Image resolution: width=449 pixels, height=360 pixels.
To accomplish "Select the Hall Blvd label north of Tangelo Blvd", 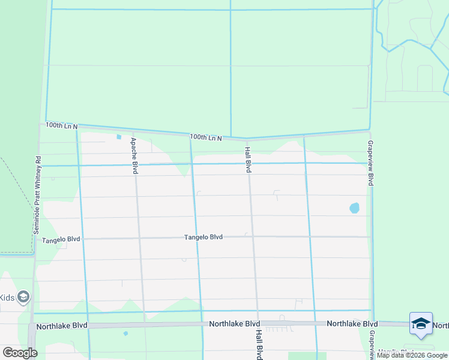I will coord(247,159).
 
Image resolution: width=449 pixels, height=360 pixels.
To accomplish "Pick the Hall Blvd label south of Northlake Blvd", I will coord(259,344).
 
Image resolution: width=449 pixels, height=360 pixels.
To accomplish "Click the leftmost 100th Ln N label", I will coord(61,125).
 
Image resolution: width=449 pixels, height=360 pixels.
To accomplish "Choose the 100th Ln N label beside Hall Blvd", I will coord(206,137).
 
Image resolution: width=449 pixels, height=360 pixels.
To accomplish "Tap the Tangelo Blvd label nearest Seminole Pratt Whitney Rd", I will coord(61,239).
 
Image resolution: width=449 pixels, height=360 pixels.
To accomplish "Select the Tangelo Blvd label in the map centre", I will coord(203,237).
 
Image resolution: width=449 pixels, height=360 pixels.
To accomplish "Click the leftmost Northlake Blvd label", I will coord(62,326).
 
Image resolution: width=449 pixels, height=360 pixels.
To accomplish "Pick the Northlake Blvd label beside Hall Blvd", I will coord(234,323).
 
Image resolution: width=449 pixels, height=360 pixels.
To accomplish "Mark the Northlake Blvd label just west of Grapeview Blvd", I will coord(352,323).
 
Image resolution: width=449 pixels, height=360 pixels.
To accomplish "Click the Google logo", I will coord(20,353).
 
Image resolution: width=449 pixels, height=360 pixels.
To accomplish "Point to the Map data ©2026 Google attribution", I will coord(412,355).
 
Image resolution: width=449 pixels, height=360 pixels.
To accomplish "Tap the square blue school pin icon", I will coord(421,323).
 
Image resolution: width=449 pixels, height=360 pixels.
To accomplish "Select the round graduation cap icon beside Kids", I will coord(23,297).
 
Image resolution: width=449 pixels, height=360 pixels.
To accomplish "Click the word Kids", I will coord(6,298).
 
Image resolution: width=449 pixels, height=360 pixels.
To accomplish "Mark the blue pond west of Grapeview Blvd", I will coord(354,208).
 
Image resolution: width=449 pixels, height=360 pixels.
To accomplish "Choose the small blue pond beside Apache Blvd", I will coord(119,137).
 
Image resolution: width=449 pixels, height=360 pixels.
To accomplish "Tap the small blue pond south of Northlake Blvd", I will coord(125,333).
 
